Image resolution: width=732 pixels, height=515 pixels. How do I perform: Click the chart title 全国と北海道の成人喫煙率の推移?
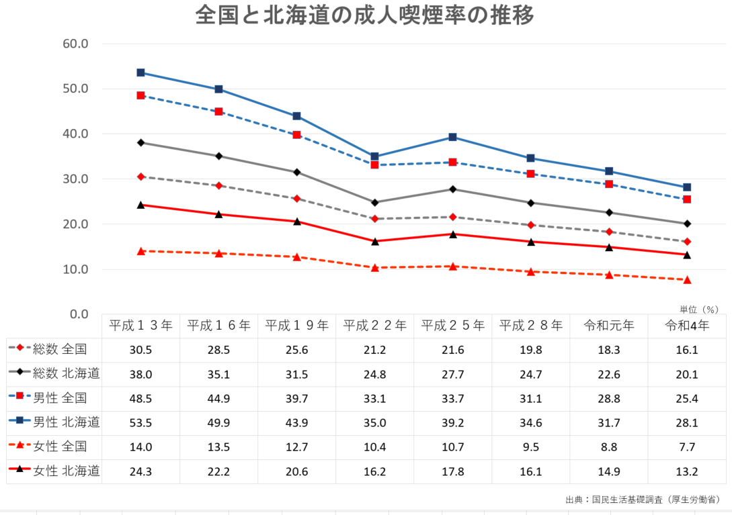point(365,15)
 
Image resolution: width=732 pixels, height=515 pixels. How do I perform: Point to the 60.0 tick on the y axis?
point(75,44)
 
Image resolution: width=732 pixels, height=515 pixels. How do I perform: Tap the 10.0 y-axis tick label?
point(75,269)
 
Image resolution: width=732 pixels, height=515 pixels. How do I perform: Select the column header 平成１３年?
point(140,326)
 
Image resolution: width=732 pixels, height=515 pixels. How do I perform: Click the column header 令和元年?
point(608,326)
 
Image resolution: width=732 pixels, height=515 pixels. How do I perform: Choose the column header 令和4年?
point(686,326)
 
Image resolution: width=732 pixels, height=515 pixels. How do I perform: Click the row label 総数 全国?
point(60,349)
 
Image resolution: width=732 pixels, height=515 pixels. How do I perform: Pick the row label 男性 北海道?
point(67,422)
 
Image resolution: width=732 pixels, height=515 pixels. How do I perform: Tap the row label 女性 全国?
point(60,447)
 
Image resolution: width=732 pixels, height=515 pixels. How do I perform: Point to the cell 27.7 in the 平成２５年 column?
point(452,375)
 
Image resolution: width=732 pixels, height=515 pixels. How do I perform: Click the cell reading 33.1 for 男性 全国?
point(374,399)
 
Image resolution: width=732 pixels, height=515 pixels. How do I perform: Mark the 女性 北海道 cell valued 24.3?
point(140,471)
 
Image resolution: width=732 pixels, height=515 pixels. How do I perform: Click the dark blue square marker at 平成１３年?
point(141,73)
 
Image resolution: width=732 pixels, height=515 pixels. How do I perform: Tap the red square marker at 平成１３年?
point(141,95)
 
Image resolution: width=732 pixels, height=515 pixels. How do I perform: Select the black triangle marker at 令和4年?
point(687,254)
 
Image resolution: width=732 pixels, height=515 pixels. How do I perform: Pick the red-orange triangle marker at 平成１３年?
point(141,250)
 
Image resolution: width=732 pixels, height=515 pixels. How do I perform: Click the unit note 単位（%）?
point(699,310)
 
